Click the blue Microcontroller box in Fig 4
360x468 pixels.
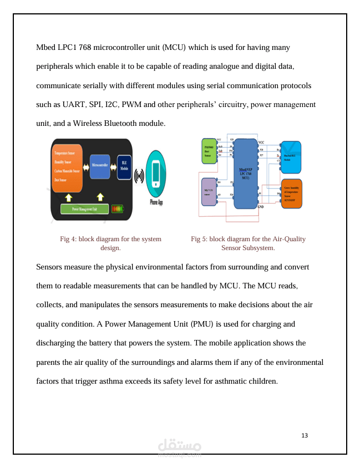point(100,166)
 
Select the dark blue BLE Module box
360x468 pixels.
point(124,167)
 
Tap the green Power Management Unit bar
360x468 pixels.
point(84,208)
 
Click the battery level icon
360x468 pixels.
point(118,208)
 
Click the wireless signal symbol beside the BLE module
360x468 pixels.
point(138,176)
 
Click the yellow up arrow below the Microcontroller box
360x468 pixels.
point(100,197)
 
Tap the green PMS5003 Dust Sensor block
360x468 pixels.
point(209,150)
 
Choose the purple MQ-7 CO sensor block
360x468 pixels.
point(209,191)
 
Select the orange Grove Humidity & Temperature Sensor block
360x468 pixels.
point(291,193)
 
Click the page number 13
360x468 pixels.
point(305,435)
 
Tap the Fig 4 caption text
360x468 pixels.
point(110,243)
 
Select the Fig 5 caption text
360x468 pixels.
point(248,243)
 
